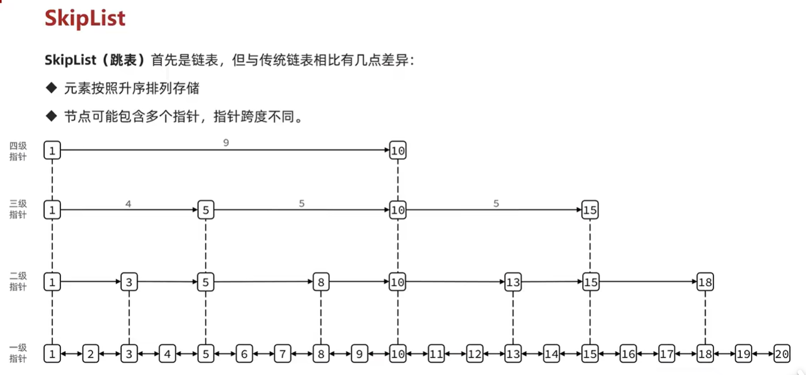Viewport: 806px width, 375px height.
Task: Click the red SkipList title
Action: click(85, 18)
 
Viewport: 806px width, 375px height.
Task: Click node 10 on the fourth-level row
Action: click(398, 150)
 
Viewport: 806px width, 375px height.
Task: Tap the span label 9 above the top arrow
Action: click(226, 143)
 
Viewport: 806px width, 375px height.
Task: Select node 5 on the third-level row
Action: click(206, 210)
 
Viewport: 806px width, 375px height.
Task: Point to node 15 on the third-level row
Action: click(590, 210)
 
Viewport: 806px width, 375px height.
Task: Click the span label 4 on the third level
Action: click(128, 204)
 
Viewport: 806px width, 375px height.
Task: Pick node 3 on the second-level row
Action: click(129, 283)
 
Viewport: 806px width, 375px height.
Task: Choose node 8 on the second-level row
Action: click(321, 283)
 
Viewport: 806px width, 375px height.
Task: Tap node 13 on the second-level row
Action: click(513, 283)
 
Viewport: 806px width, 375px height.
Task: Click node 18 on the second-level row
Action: click(705, 283)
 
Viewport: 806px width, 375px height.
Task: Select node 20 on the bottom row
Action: click(782, 354)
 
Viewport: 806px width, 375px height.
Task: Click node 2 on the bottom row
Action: click(91, 354)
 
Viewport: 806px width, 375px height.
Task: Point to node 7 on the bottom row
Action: click(283, 354)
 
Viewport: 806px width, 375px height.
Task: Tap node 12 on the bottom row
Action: click(475, 354)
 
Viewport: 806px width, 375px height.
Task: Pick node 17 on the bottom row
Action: click(667, 354)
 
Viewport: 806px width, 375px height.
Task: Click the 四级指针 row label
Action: click(18, 151)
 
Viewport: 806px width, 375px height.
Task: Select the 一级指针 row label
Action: click(18, 352)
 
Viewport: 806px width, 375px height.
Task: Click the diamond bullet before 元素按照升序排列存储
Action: click(52, 87)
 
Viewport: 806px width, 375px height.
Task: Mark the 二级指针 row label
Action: click(18, 281)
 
